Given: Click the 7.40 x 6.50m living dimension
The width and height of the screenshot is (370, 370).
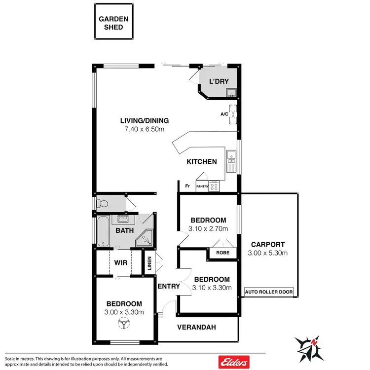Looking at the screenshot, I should (145, 129).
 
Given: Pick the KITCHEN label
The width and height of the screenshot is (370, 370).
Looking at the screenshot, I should (201, 161).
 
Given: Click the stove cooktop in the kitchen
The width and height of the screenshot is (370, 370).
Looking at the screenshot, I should (214, 186).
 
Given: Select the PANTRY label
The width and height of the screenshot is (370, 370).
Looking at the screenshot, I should (202, 186).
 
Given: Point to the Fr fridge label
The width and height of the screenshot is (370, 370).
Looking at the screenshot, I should (187, 186).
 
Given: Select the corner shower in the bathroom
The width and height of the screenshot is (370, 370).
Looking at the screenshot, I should (146, 239).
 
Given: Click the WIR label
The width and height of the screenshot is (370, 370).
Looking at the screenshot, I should (121, 263).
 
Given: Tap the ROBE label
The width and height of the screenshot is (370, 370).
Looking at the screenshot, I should (222, 252).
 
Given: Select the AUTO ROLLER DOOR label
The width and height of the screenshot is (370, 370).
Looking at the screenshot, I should (269, 292).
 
